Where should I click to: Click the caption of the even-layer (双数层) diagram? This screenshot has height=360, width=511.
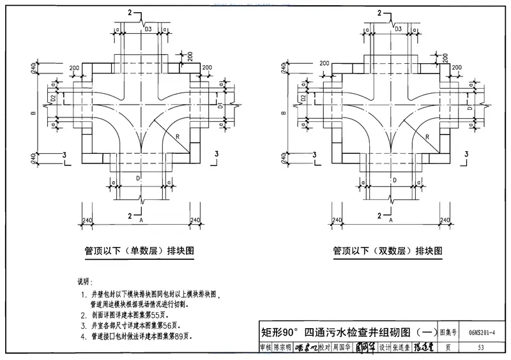point(387,251)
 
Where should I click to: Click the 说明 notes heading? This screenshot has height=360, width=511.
point(85,281)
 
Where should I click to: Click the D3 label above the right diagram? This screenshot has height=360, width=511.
point(397,29)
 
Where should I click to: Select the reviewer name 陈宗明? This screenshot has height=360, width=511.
point(280,348)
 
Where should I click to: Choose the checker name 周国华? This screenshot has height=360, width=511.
point(342,348)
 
